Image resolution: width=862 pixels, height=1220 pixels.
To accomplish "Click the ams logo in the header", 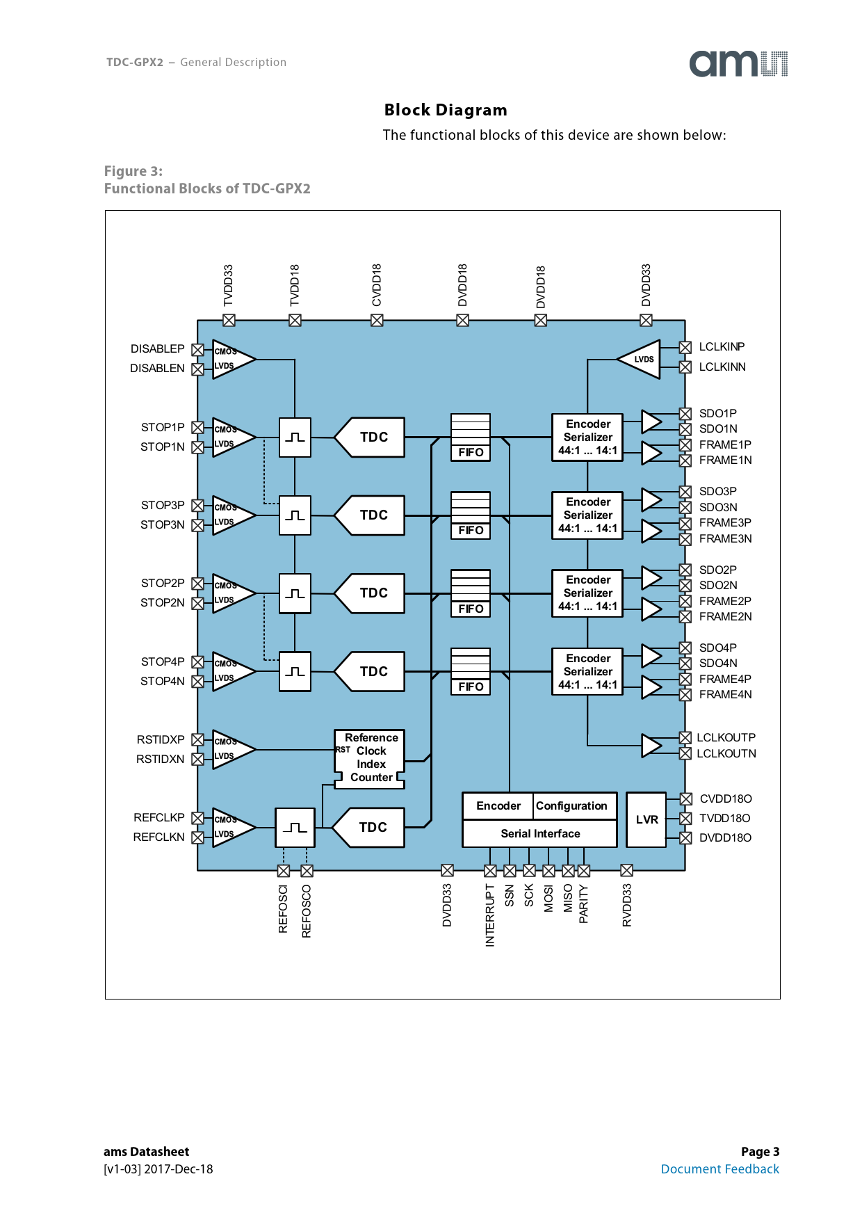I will pyautogui.click(x=738, y=63).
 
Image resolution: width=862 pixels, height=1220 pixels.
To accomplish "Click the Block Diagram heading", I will pyautogui.click(x=446, y=110).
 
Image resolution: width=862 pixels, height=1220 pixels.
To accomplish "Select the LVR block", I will pyautogui.click(x=646, y=819).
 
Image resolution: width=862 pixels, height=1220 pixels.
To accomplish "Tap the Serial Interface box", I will pyautogui.click(x=540, y=833).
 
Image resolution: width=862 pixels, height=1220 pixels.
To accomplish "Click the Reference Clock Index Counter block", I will pyautogui.click(x=371, y=757).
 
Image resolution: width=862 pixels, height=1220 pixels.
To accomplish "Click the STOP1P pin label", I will pyautogui.click(x=163, y=427).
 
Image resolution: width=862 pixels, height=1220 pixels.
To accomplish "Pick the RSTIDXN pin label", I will pyautogui.click(x=161, y=759).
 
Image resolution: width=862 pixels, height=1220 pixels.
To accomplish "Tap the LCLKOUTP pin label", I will pyautogui.click(x=726, y=737).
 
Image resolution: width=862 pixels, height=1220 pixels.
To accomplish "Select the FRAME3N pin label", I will pyautogui.click(x=725, y=538).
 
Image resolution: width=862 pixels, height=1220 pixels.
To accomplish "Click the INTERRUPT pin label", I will pyautogui.click(x=490, y=915).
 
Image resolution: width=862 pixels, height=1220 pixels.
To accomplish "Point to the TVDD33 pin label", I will pyautogui.click(x=229, y=285).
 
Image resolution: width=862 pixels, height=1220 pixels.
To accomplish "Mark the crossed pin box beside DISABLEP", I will pyautogui.click(x=198, y=349).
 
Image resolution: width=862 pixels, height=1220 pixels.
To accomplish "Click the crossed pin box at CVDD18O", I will pyautogui.click(x=685, y=798).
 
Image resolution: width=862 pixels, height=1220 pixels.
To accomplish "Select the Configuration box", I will pyautogui.click(x=572, y=805).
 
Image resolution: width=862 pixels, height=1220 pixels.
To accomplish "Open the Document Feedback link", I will pyautogui.click(x=719, y=1169).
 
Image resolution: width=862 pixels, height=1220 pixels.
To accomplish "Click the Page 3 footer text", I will pyautogui.click(x=760, y=1151).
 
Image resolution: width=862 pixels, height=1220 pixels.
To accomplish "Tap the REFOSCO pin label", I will pyautogui.click(x=307, y=911).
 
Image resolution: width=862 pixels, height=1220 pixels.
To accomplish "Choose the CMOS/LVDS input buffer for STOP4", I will pyautogui.click(x=231, y=671).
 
